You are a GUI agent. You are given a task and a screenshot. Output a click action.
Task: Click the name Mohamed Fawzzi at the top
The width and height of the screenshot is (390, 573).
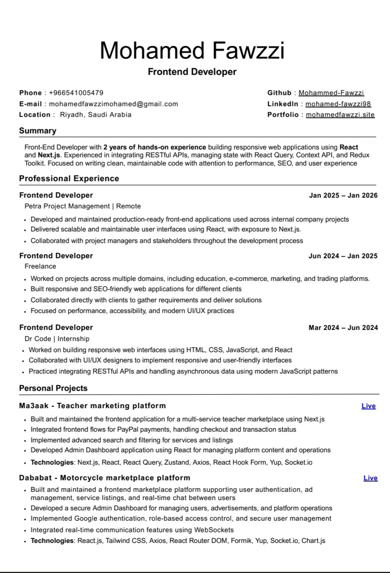[x=192, y=50]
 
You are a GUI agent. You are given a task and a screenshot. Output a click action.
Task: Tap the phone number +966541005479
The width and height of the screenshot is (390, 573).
[x=76, y=93]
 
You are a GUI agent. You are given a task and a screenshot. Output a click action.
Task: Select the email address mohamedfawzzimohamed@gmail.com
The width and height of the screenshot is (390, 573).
[x=114, y=104]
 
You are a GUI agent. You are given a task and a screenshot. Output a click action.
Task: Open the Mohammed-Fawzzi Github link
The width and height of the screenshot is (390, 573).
[x=331, y=93]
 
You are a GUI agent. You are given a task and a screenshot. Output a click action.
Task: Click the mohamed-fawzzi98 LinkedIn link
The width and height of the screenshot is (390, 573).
[x=338, y=104]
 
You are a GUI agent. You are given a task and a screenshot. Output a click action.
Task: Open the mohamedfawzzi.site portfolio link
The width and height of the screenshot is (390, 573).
[x=340, y=115]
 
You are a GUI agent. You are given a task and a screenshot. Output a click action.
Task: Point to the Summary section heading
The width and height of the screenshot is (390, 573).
[x=37, y=131]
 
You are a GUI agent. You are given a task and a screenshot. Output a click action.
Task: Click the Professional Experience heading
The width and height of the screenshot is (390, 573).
[x=69, y=178]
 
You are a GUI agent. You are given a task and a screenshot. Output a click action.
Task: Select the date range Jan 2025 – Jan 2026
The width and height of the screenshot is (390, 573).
[x=343, y=195]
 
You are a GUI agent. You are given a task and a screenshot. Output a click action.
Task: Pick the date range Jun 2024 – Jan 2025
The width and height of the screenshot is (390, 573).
[x=343, y=256]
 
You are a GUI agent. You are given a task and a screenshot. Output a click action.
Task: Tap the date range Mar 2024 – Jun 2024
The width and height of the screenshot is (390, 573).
[x=343, y=327]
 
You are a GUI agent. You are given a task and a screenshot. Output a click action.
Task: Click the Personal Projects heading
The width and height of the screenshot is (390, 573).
[x=53, y=388]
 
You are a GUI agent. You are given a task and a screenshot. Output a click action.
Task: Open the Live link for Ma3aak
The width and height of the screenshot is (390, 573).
[x=369, y=406]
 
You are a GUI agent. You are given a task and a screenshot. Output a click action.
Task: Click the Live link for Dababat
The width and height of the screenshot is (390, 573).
[x=370, y=478]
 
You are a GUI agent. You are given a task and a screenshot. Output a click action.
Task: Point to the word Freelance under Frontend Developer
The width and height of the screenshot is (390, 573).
[x=40, y=266]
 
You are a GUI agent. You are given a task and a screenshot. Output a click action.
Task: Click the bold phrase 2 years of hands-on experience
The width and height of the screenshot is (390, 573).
[x=155, y=147]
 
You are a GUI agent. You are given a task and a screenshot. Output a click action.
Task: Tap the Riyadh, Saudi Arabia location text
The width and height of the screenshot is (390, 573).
[x=96, y=115]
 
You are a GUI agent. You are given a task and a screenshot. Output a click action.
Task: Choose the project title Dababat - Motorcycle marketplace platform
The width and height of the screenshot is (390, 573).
[x=104, y=478]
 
